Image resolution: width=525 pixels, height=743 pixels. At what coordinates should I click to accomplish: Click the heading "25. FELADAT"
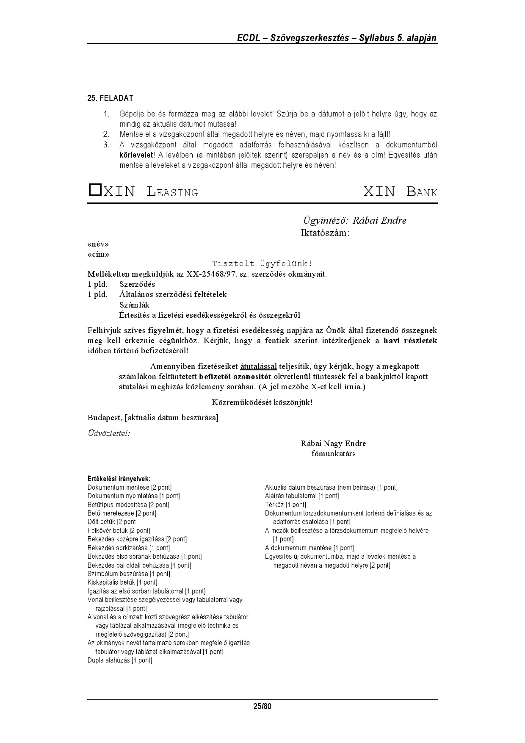(110, 98)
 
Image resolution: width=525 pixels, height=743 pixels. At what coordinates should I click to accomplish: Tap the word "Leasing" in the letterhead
(172, 192)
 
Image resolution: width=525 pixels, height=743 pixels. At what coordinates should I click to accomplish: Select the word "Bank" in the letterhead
(422, 192)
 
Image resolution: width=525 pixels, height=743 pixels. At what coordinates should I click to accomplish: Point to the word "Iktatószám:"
(325, 233)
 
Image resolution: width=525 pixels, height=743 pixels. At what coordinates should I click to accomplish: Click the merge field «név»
(98, 244)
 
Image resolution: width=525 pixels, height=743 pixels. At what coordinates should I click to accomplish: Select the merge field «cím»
(98, 255)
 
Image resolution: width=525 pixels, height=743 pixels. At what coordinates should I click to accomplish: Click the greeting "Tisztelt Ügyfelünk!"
(262, 264)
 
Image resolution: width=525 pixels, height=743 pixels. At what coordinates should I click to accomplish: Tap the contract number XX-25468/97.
(211, 274)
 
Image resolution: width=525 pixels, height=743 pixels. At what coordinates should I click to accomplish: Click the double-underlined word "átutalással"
(258, 366)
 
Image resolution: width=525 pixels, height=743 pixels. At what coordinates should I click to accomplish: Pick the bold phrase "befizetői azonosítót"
(235, 377)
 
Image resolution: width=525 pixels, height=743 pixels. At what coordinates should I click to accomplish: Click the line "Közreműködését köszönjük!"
(262, 402)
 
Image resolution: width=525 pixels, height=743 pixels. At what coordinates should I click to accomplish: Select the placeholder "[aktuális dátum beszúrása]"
(171, 418)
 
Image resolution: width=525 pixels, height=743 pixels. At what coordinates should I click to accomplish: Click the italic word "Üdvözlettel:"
(108, 433)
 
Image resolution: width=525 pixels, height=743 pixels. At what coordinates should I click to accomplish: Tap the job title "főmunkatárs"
(333, 454)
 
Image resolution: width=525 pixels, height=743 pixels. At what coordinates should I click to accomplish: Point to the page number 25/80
(262, 707)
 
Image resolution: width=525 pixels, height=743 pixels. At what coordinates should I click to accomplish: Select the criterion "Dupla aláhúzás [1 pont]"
(119, 660)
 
